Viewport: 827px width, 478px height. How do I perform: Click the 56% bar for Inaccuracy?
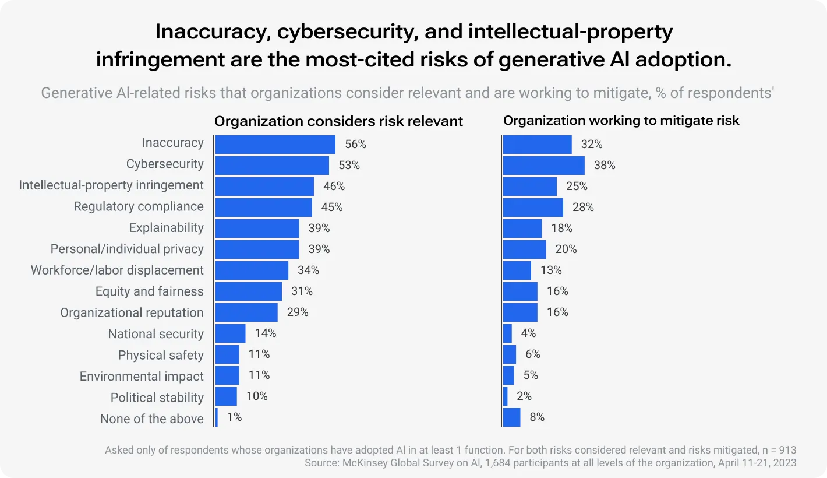point(275,145)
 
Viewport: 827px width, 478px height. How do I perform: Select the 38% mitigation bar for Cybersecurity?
point(543,166)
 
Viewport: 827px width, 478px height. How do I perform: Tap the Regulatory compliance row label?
point(139,206)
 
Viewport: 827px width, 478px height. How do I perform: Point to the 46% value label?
point(334,187)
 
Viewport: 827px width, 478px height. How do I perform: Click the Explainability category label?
point(167,228)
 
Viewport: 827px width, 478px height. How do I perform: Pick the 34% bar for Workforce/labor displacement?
point(252,270)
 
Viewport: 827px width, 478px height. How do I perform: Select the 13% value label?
point(550,270)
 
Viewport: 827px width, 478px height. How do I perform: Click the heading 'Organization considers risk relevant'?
point(338,121)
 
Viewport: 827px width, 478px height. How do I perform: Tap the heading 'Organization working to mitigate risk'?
point(621,121)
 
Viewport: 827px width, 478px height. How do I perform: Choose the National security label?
point(156,334)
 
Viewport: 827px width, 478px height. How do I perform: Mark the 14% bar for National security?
point(231,333)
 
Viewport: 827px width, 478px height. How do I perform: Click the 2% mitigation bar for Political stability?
point(505,396)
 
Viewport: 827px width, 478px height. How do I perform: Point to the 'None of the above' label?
point(152,419)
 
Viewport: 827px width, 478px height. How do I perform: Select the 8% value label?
point(537,417)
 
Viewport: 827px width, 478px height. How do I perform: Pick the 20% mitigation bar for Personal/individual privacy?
point(524,249)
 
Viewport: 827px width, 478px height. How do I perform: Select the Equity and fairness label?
point(150,291)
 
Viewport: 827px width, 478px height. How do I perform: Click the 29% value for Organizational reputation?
point(298,312)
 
